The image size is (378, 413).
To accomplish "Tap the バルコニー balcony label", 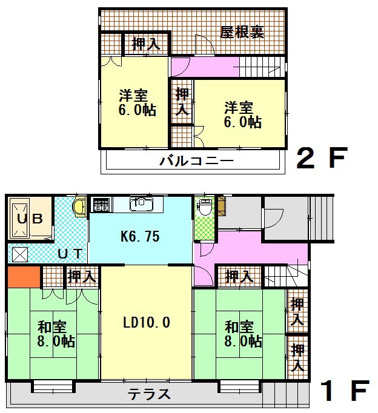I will click(x=196, y=162).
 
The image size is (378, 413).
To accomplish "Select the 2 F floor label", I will click(x=321, y=160).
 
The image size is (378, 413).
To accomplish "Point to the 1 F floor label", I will click(x=343, y=392).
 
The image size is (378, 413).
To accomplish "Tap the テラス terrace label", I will click(x=149, y=394).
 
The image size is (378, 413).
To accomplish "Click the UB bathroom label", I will click(x=28, y=219).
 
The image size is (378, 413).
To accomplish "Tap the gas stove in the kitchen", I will click(x=100, y=205).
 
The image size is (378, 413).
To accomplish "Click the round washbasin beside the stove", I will click(x=79, y=207).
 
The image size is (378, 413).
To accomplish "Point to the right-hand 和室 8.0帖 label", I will click(x=244, y=334).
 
